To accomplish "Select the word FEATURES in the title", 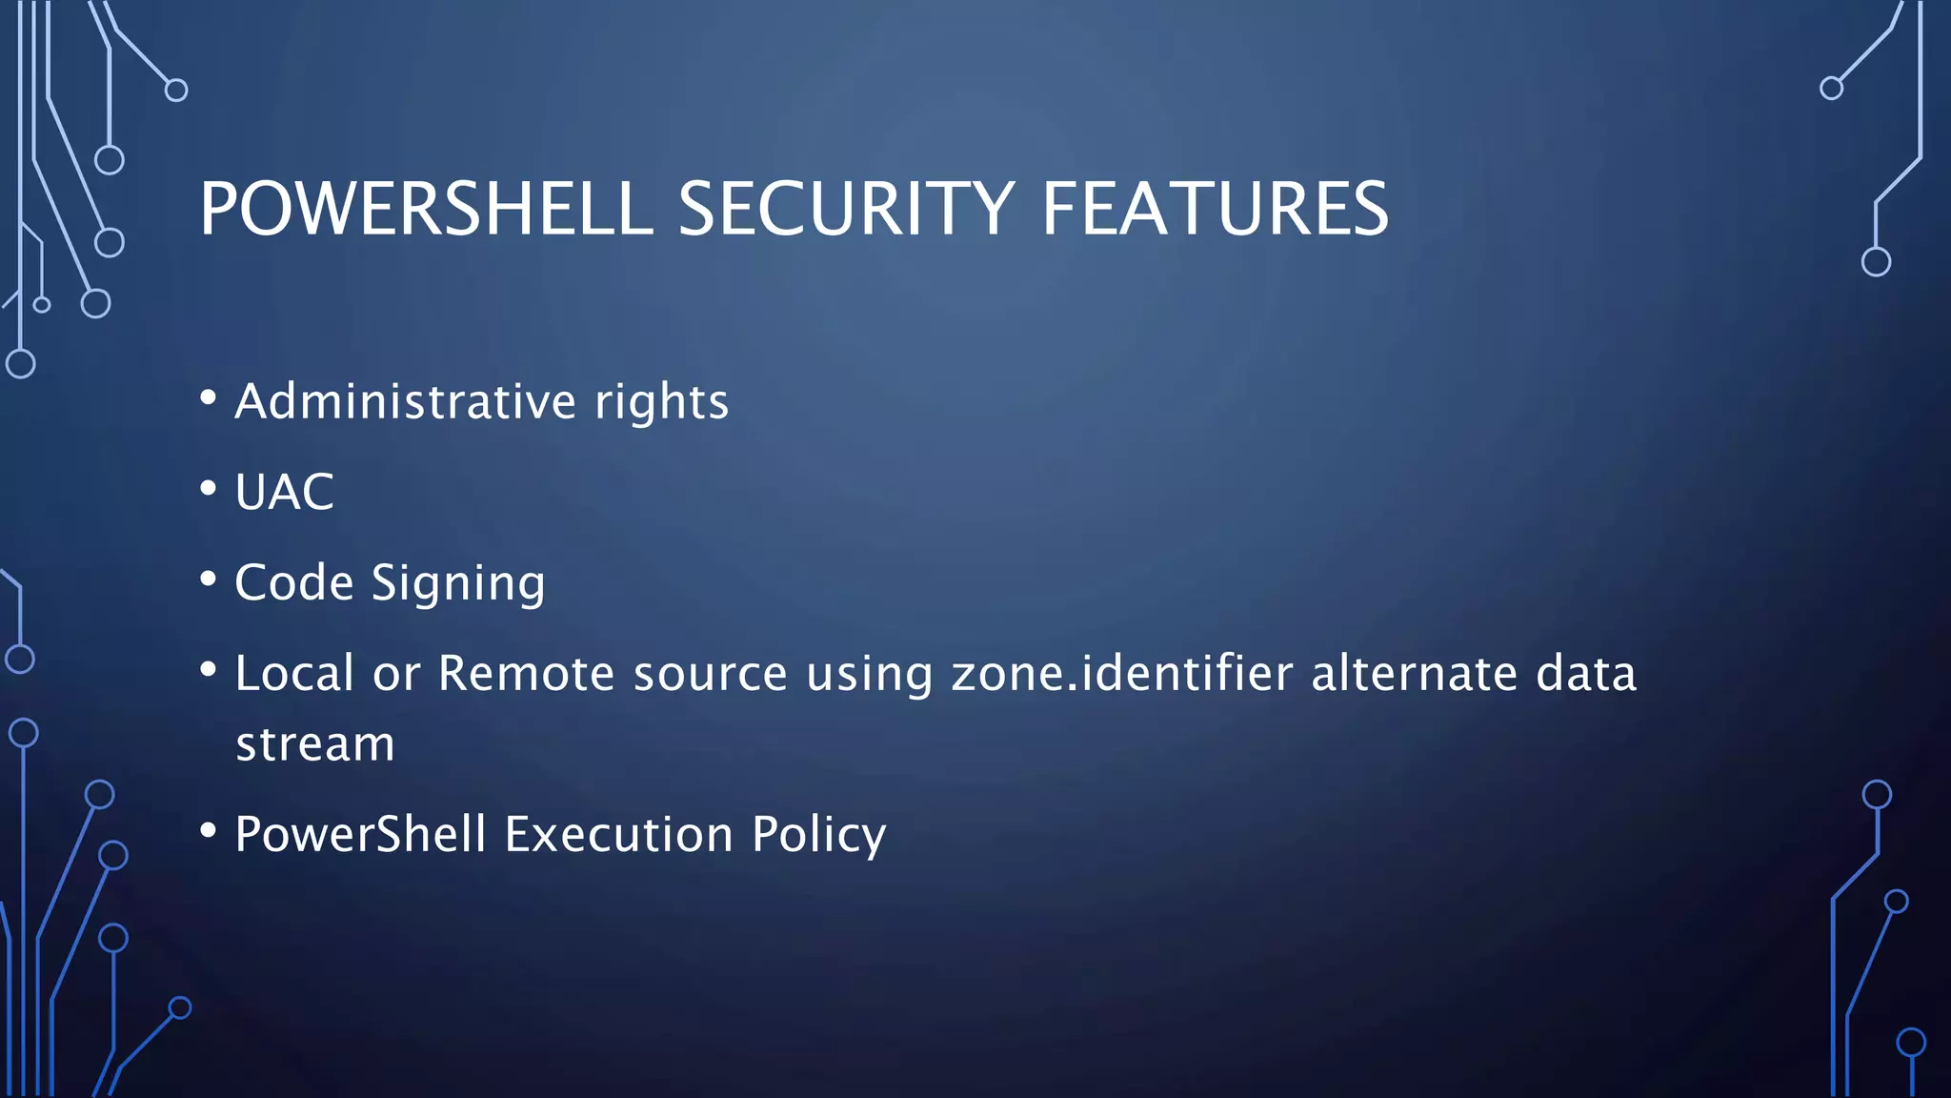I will click(x=1215, y=209).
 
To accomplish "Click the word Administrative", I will click(x=406, y=401).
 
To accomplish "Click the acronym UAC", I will click(x=285, y=493).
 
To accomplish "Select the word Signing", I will click(x=458, y=583).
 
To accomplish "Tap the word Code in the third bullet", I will click(x=294, y=582).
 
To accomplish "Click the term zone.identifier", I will click(x=1122, y=673).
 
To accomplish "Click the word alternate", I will click(x=1414, y=673).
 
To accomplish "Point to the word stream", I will click(x=315, y=744).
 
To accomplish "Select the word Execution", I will click(x=618, y=835).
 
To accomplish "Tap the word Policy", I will click(x=819, y=836).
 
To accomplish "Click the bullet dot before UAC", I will click(x=209, y=489).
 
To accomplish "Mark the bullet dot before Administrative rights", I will click(x=209, y=397).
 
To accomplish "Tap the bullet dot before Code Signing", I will click(x=209, y=579).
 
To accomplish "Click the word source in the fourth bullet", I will click(x=711, y=674).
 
